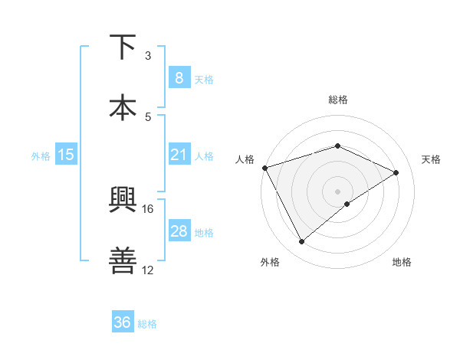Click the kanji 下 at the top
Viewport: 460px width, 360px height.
[123, 47]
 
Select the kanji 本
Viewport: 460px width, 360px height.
[123, 106]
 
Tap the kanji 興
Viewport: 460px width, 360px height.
[123, 201]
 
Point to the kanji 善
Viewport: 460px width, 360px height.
[123, 260]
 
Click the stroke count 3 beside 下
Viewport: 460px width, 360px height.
[148, 56]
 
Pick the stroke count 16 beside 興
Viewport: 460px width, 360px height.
[148, 208]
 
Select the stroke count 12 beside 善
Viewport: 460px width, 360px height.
[148, 270]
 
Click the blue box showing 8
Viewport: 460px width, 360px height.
[179, 78]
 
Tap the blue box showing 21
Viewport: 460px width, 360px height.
[179, 155]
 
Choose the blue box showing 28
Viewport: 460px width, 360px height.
[179, 231]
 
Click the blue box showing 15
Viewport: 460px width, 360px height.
[66, 155]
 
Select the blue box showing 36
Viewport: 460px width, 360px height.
[122, 322]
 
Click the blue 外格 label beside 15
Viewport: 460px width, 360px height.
[41, 155]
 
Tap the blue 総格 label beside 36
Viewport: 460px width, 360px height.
[147, 324]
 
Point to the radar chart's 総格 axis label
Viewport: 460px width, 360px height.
[337, 100]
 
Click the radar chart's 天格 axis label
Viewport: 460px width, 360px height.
[432, 159]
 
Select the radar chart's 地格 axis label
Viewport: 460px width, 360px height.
[402, 262]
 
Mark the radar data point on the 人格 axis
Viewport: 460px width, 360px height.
[264, 167]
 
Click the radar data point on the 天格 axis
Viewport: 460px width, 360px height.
[396, 172]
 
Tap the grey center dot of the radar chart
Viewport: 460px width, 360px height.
[337, 191]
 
